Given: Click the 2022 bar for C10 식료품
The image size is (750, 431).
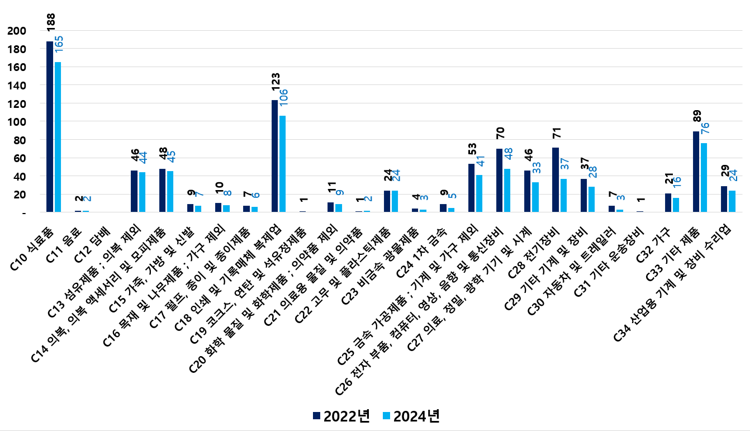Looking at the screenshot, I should coord(50,127).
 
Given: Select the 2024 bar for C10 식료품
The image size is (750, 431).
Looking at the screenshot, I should coord(58,137).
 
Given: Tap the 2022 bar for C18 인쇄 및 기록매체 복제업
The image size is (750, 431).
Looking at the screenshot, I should coord(274,157).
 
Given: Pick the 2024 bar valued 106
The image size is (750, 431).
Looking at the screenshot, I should coord(282,164).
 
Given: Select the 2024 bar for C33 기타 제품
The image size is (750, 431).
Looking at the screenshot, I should coord(704,178).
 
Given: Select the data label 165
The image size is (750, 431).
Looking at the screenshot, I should coord(59,45).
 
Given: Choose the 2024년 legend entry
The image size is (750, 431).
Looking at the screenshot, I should coord(411,416).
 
